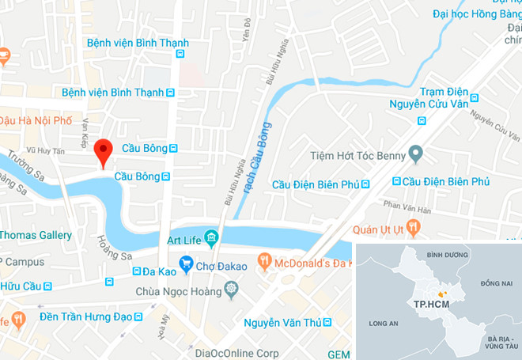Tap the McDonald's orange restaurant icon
pos(265,261)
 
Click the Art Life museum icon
pos(210,237)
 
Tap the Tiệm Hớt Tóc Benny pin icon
pos(414,154)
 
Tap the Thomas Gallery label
pos(36,235)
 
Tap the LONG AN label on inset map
pos(383,323)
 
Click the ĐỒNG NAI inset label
pos(497,282)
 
